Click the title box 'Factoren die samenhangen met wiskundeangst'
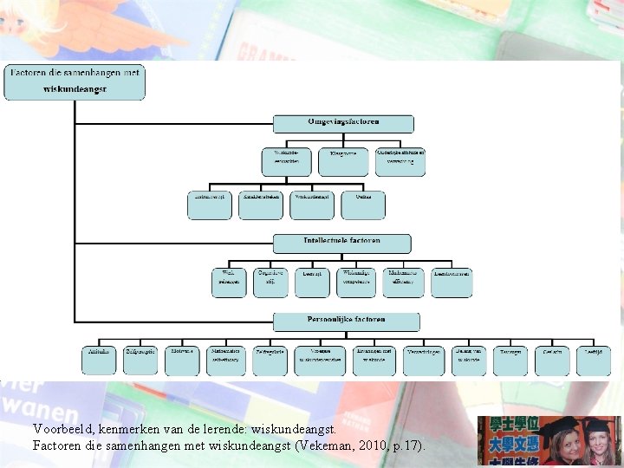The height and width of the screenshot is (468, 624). pyautogui.click(x=75, y=82)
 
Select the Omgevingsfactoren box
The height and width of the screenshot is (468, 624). pyautogui.click(x=343, y=123)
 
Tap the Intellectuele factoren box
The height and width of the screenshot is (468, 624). pyautogui.click(x=342, y=243)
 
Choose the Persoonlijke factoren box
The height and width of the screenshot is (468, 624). pyautogui.click(x=346, y=322)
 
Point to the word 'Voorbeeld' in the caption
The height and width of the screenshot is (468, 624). pyautogui.click(x=63, y=428)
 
